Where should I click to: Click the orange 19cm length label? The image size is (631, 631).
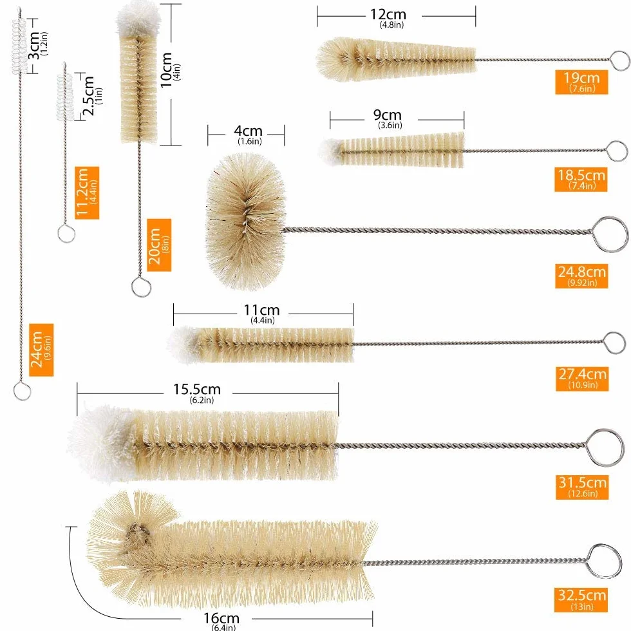pos(581,82)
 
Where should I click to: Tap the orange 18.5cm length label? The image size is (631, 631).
pos(581,180)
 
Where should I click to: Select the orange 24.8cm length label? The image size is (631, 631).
pos(581,276)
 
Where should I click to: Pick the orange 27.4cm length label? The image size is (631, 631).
pos(582,379)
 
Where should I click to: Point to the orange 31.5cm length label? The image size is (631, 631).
pos(582,487)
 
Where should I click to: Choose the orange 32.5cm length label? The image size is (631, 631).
pos(581,600)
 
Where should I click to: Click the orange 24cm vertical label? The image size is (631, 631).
pos(41,350)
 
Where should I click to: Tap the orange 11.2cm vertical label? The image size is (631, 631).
pos(87,193)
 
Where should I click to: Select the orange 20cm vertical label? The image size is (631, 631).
pos(159,245)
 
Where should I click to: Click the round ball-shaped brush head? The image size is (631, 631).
pos(245,221)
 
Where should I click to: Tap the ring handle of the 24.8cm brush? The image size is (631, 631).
pos(610,234)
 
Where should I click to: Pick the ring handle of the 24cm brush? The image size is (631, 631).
pos(22,391)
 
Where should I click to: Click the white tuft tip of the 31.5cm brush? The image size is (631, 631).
pos(100,443)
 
